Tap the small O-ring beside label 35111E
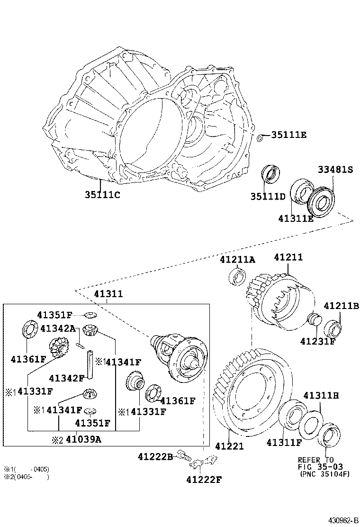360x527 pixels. tap(261, 138)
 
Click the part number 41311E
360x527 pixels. tap(296, 218)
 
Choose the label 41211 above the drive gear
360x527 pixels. tap(288, 257)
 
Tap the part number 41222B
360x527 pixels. tap(155, 456)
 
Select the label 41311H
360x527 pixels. tap(321, 395)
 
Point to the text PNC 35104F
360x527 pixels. tap(324, 474)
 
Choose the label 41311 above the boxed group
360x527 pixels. tap(108, 294)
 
